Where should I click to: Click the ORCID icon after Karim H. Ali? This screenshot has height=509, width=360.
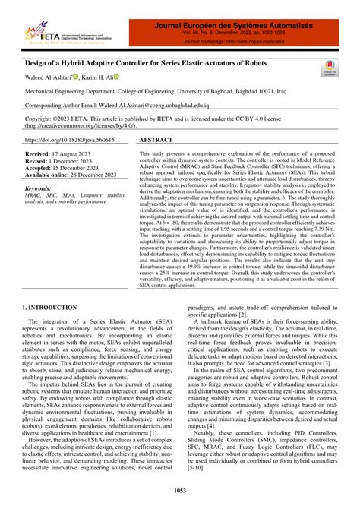118,77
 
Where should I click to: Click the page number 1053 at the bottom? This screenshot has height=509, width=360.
179,493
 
